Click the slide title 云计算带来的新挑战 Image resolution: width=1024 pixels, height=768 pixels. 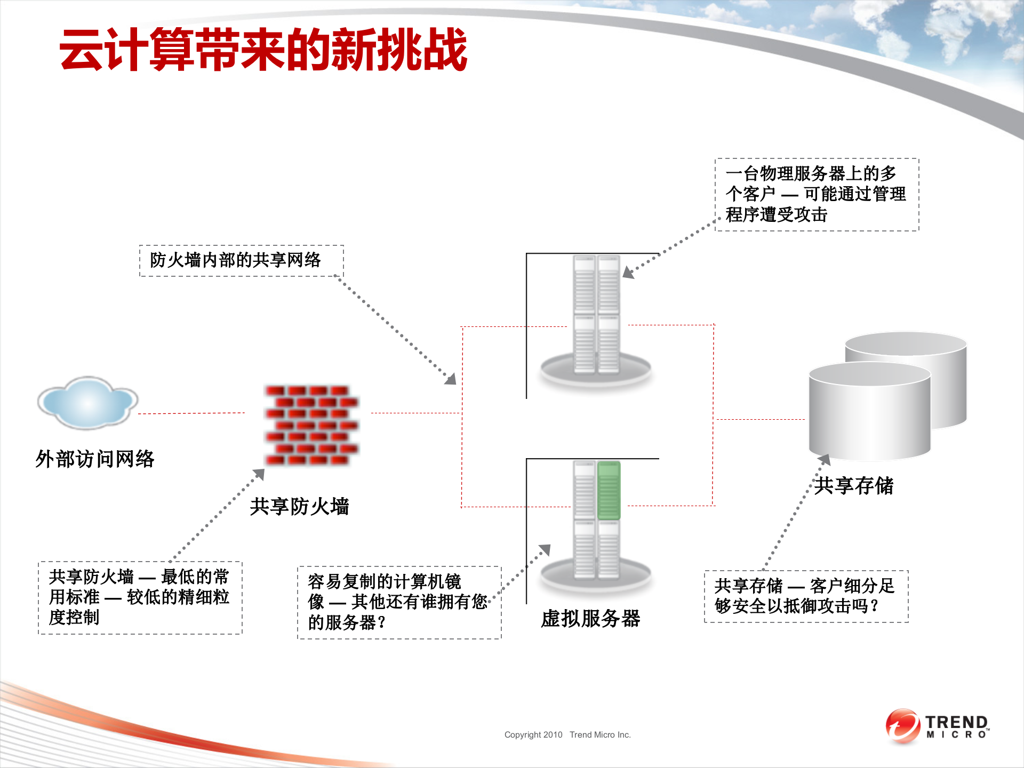pyautogui.click(x=263, y=50)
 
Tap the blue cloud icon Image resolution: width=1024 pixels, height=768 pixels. pyautogui.click(x=87, y=403)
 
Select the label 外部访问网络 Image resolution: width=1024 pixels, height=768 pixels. pyautogui.click(x=95, y=459)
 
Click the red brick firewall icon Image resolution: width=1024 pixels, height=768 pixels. pyautogui.click(x=312, y=425)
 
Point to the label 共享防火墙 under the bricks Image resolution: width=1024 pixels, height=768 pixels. pyautogui.click(x=299, y=507)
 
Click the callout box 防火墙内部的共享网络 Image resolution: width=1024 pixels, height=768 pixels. pyautogui.click(x=241, y=261)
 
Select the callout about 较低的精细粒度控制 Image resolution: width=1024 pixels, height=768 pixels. pyautogui.click(x=140, y=597)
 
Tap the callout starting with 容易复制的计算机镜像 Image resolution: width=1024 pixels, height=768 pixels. pyautogui.click(x=399, y=602)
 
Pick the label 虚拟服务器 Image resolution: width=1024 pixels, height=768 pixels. pyautogui.click(x=590, y=619)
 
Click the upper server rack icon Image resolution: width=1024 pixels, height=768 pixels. pyautogui.click(x=596, y=320)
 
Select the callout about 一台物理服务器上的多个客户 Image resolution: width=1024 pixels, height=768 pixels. pyautogui.click(x=816, y=195)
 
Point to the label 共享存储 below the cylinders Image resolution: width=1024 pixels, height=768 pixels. pyautogui.click(x=853, y=486)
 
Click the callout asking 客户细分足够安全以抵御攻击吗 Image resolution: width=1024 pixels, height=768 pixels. pyautogui.click(x=805, y=596)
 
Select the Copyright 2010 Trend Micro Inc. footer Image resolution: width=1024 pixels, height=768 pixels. pyautogui.click(x=567, y=735)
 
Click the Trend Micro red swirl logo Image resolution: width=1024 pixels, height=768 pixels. pyautogui.click(x=902, y=726)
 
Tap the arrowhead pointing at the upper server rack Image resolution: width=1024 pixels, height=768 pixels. pyautogui.click(x=628, y=273)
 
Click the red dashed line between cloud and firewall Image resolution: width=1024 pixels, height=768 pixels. pyautogui.click(x=191, y=413)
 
